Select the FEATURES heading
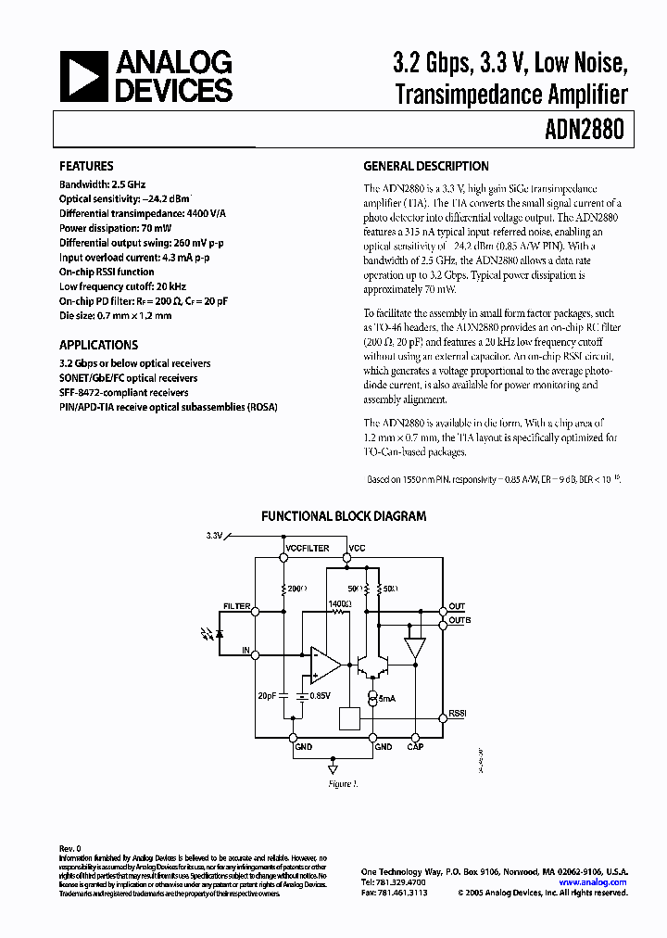[x=86, y=167]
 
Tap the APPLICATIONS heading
[x=98, y=344]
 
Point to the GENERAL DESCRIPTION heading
[x=426, y=167]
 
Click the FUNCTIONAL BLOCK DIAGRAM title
[x=344, y=516]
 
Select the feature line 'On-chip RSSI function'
[x=107, y=273]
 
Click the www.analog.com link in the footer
[x=593, y=882]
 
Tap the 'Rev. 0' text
[x=70, y=848]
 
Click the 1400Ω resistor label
[x=340, y=603]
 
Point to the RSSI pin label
[x=458, y=715]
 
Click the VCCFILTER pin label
[x=307, y=549]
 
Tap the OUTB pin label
[x=459, y=619]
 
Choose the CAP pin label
[x=415, y=746]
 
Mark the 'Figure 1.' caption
[x=342, y=785]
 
